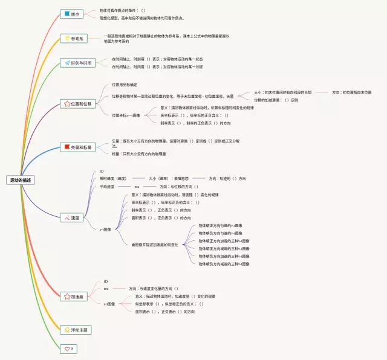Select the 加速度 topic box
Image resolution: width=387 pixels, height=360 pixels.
[74, 297]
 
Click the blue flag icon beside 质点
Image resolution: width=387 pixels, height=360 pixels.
[67, 14]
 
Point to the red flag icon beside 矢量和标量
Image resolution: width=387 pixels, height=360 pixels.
[67, 147]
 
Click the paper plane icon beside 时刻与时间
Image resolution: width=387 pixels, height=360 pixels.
[67, 63]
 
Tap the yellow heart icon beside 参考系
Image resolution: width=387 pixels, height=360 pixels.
[67, 39]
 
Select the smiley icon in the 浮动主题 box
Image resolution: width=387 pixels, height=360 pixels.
[67, 330]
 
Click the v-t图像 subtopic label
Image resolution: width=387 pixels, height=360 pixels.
[106, 230]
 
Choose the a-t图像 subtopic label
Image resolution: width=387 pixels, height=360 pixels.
[109, 304]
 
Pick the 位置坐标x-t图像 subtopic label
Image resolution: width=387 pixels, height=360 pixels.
[126, 115]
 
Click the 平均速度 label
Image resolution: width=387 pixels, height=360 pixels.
[107, 187]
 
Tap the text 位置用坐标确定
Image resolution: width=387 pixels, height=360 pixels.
[125, 85]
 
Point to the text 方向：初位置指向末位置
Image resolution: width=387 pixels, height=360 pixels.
[352, 92]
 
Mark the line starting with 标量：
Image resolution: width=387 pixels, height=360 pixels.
[138, 154]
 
